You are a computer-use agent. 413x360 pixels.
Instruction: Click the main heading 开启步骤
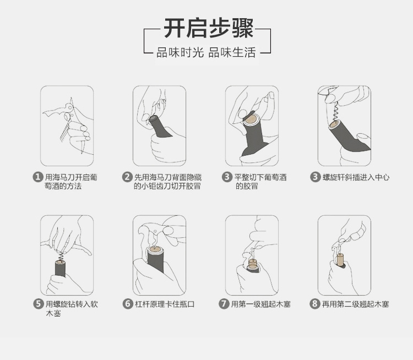click(x=209, y=28)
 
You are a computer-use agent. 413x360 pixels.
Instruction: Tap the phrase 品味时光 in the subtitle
click(x=180, y=52)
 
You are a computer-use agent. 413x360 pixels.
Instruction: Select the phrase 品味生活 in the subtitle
click(x=232, y=52)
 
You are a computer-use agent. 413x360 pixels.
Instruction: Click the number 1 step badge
click(x=37, y=177)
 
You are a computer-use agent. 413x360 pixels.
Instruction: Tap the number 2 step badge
click(x=127, y=177)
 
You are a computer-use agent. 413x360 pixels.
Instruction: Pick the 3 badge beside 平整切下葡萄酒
click(x=226, y=177)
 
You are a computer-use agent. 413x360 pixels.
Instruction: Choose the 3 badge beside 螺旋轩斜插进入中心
click(x=315, y=177)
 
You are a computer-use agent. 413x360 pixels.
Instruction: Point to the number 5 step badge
click(x=38, y=304)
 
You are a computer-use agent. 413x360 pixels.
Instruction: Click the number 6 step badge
click(x=128, y=304)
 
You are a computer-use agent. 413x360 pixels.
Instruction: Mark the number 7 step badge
click(x=224, y=304)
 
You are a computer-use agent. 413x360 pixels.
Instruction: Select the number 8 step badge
click(x=314, y=304)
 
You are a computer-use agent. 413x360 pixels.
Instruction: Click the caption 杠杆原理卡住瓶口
click(x=165, y=304)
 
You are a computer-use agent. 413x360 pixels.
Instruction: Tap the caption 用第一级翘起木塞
click(x=261, y=304)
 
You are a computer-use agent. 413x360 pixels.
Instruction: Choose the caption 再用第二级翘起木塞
click(x=355, y=304)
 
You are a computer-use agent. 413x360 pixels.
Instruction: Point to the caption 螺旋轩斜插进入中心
click(x=356, y=177)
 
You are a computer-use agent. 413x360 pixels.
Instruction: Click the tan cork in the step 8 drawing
click(x=340, y=259)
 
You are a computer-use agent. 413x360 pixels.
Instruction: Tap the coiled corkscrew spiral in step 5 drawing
click(x=61, y=256)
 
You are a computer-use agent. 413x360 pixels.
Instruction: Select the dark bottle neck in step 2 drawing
click(x=160, y=127)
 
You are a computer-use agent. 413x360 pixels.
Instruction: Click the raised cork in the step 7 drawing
click(x=253, y=263)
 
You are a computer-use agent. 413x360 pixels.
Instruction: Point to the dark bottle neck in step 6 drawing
click(x=155, y=260)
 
